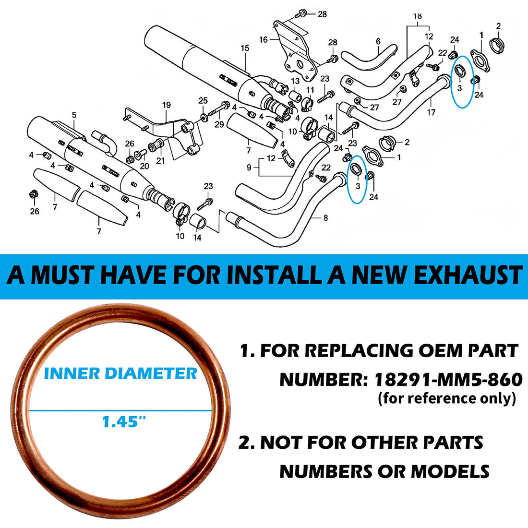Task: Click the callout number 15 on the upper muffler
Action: tap(245, 48)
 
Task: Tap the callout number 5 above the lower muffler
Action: tap(74, 115)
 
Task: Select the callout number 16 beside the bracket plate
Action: tap(264, 40)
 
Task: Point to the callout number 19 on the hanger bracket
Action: tap(167, 105)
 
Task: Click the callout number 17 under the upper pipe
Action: tap(431, 112)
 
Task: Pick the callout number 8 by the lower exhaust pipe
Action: tap(325, 218)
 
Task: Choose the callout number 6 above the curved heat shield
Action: tap(378, 41)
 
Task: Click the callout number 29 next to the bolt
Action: tap(219, 125)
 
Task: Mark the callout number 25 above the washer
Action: tap(203, 100)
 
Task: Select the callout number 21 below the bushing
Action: tap(160, 161)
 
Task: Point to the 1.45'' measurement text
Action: tap(124, 422)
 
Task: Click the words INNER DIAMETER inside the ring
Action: tap(120, 373)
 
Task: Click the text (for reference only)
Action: tap(446, 398)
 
